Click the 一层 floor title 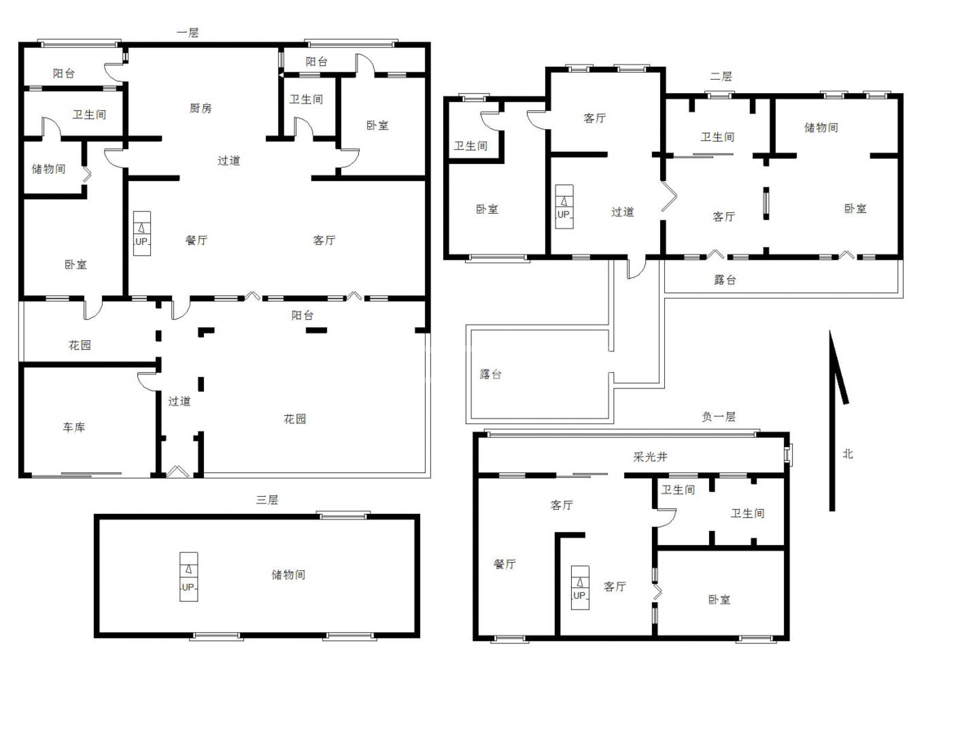coord(188,33)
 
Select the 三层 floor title coord(267,500)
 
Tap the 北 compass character coord(847,454)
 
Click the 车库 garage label coord(74,427)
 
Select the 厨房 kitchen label coord(200,108)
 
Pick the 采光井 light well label coord(650,457)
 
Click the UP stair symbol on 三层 coord(189,577)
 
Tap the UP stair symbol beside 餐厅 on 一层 coord(142,234)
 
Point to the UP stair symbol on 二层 coord(564,207)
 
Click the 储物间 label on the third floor coord(288,575)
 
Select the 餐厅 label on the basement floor coord(505,564)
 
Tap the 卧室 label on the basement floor coord(719,599)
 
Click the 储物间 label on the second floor coord(821,128)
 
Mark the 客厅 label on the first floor coord(324,240)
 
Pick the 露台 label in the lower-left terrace coord(491,374)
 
